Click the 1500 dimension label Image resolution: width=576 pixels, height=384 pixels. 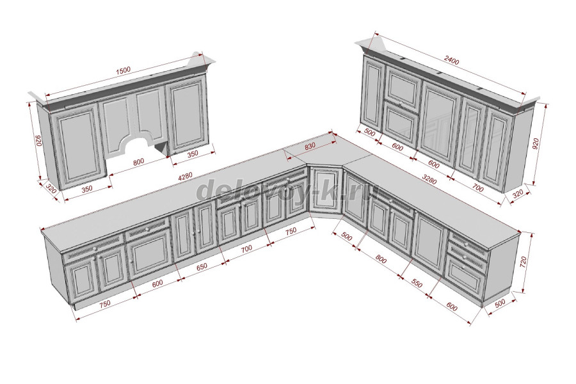pyautogui.click(x=124, y=70)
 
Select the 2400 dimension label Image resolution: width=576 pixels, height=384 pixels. pyautogui.click(x=451, y=60)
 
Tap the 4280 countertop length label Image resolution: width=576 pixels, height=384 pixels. pyautogui.click(x=185, y=177)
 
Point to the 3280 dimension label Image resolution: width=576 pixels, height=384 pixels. pyautogui.click(x=429, y=179)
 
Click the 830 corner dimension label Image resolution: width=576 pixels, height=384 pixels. pyautogui.click(x=310, y=146)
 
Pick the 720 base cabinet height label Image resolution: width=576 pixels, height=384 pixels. pyautogui.click(x=524, y=262)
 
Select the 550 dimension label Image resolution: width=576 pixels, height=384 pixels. pyautogui.click(x=417, y=284)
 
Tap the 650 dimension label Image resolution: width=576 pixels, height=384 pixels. pyautogui.click(x=202, y=266)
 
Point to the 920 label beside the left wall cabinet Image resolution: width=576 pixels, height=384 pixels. pyautogui.click(x=36, y=141)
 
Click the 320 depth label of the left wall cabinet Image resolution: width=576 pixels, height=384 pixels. pyautogui.click(x=51, y=189)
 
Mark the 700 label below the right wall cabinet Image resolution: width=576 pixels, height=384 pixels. pyautogui.click(x=477, y=189)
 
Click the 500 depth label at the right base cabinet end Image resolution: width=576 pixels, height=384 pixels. pyautogui.click(x=500, y=303)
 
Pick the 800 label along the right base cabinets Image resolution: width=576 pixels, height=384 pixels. pyautogui.click(x=381, y=260)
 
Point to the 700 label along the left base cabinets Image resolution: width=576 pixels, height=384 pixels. pyautogui.click(x=246, y=249)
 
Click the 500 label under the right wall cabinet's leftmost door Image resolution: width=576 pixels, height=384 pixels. pyautogui.click(x=369, y=132)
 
